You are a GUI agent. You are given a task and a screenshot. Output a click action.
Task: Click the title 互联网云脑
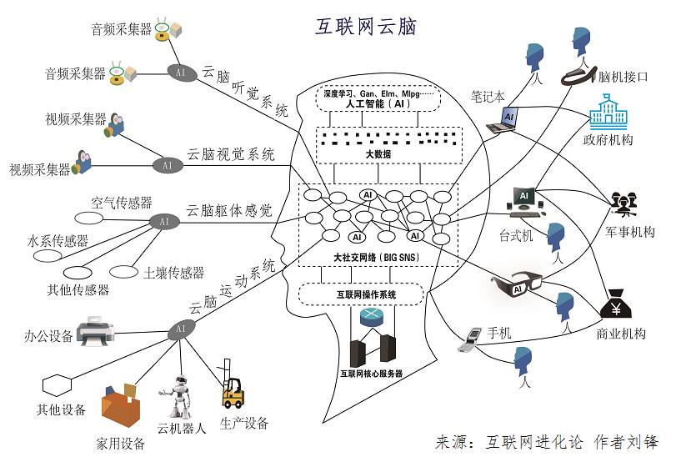(365, 27)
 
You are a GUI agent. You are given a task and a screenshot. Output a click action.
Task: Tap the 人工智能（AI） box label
(368, 106)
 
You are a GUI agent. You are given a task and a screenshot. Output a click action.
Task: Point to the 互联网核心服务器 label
(371, 374)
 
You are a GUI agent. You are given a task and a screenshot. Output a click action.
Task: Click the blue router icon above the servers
(370, 317)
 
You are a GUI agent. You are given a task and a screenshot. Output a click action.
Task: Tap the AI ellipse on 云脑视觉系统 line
(168, 165)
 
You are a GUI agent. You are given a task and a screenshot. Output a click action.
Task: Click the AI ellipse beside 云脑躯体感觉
(163, 222)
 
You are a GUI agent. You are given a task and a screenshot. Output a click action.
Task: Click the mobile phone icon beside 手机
(472, 335)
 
